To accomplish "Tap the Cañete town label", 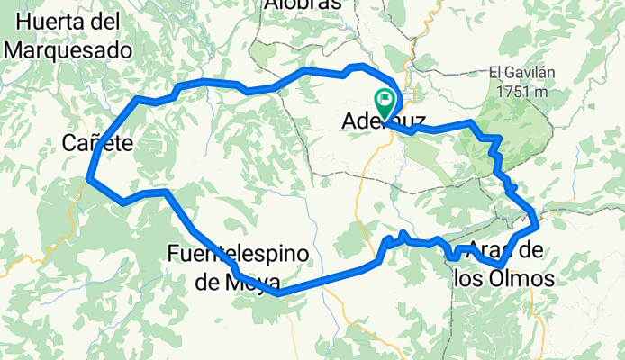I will click(98, 141).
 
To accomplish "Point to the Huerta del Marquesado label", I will click(67, 36).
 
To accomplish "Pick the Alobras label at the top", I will click(303, 4).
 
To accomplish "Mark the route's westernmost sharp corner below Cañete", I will click(88, 178).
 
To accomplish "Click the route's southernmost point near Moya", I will click(278, 292).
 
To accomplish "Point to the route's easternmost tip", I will click(538, 221).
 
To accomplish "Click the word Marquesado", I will click(67, 50).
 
